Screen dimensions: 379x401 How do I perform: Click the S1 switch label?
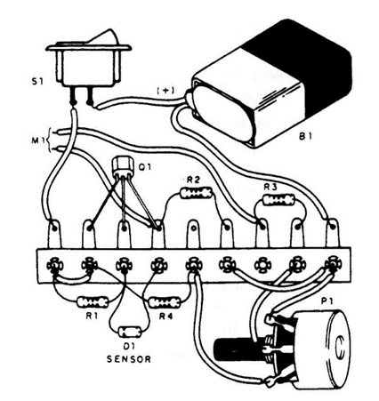point(37,81)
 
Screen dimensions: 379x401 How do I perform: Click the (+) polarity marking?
point(165,91)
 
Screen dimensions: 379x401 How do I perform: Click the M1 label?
point(36,140)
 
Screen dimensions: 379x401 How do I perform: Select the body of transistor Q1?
point(122,167)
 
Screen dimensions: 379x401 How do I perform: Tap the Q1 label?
point(145,167)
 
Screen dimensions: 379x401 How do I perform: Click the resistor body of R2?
point(197,193)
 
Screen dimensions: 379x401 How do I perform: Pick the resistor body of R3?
point(278,200)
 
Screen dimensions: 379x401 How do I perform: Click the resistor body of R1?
point(93,302)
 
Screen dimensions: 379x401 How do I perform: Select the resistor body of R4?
point(165,302)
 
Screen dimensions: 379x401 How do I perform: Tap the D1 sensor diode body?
point(130,332)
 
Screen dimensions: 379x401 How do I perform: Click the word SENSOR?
point(129,359)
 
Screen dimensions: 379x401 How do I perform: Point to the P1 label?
point(327,301)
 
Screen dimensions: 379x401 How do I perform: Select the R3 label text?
point(270,187)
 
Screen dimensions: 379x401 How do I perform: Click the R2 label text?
point(193,180)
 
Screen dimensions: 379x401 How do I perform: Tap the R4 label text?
point(165,317)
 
